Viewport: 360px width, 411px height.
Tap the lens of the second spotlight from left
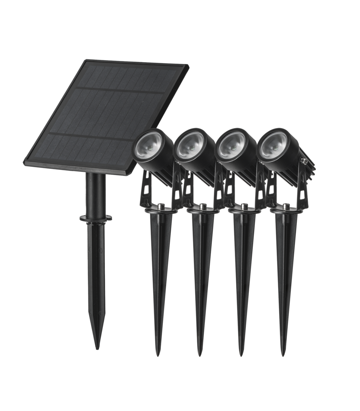[x=190, y=144]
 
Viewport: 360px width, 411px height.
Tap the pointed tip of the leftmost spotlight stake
[x=158, y=355]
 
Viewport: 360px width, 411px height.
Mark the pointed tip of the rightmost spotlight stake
[x=284, y=355]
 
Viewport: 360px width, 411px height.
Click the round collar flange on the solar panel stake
[x=96, y=218]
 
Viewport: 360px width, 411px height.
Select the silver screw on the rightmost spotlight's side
[x=304, y=161]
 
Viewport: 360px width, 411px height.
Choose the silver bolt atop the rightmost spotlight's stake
[x=286, y=206]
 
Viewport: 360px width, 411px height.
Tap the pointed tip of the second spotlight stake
[x=200, y=355]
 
